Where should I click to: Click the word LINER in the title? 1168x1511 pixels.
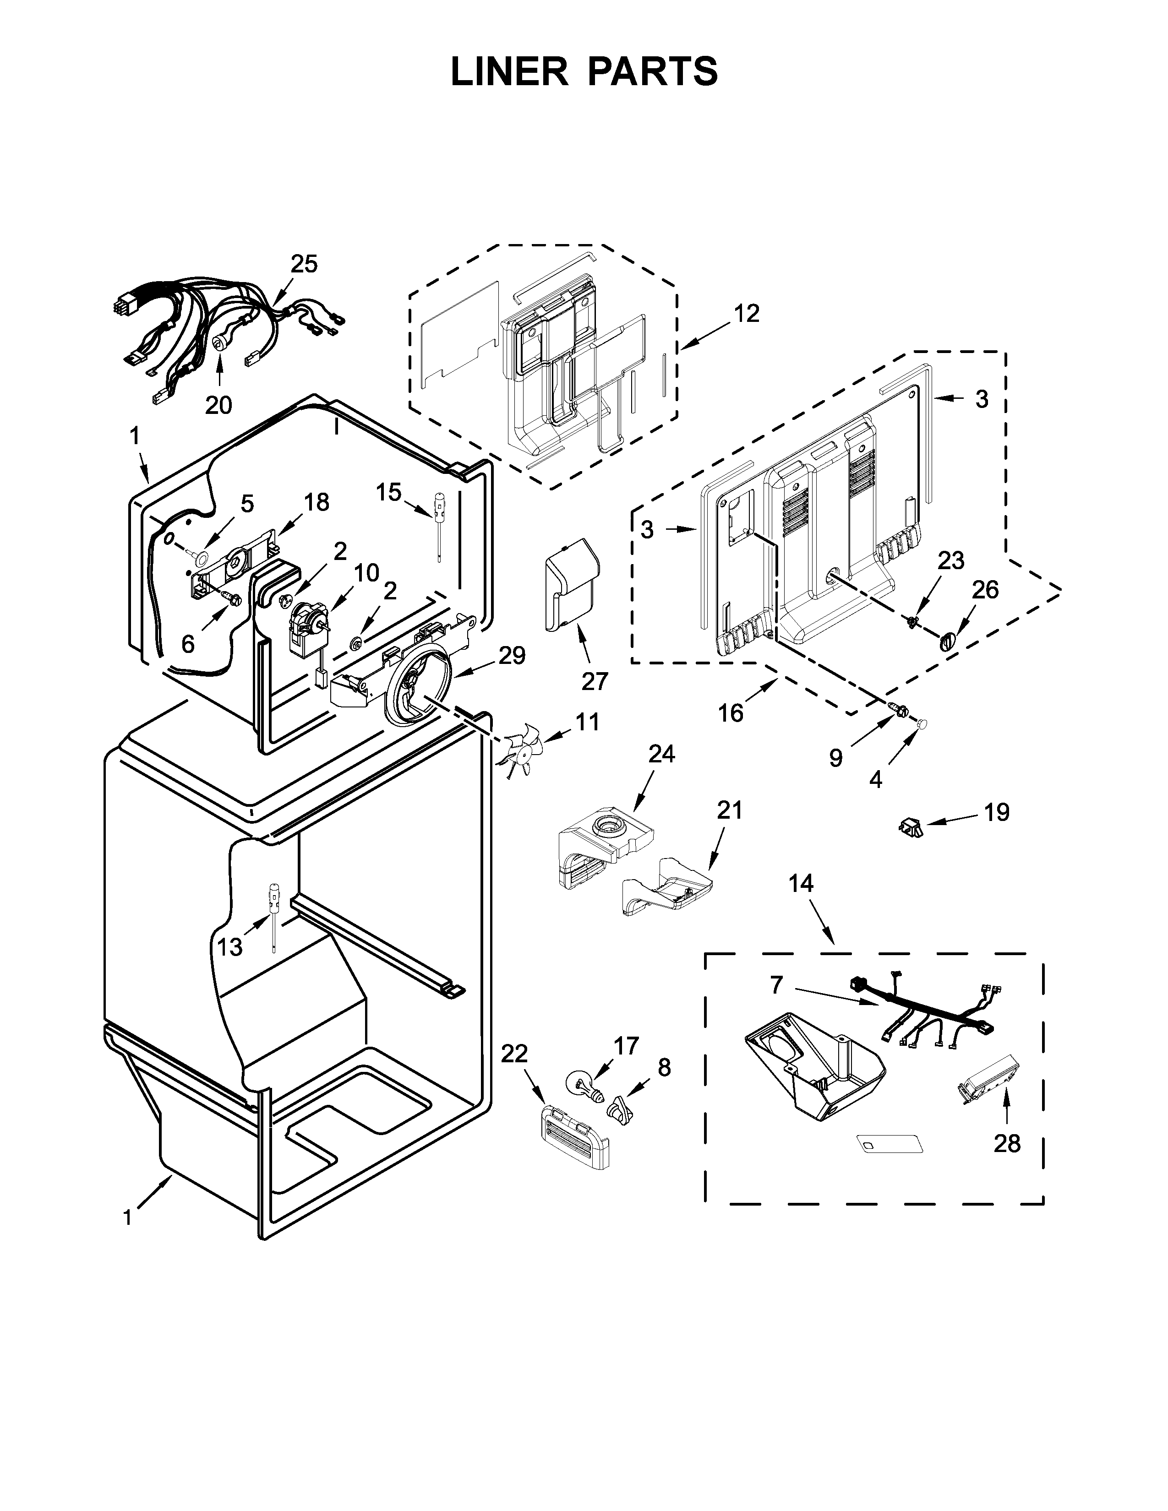(x=508, y=71)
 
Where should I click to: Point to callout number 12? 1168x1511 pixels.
(x=746, y=313)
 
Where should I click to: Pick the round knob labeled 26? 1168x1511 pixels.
(x=947, y=641)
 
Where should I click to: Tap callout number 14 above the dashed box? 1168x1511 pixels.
(x=801, y=884)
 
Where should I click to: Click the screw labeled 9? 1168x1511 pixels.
(x=898, y=709)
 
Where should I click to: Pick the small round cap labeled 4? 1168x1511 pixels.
(x=921, y=723)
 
